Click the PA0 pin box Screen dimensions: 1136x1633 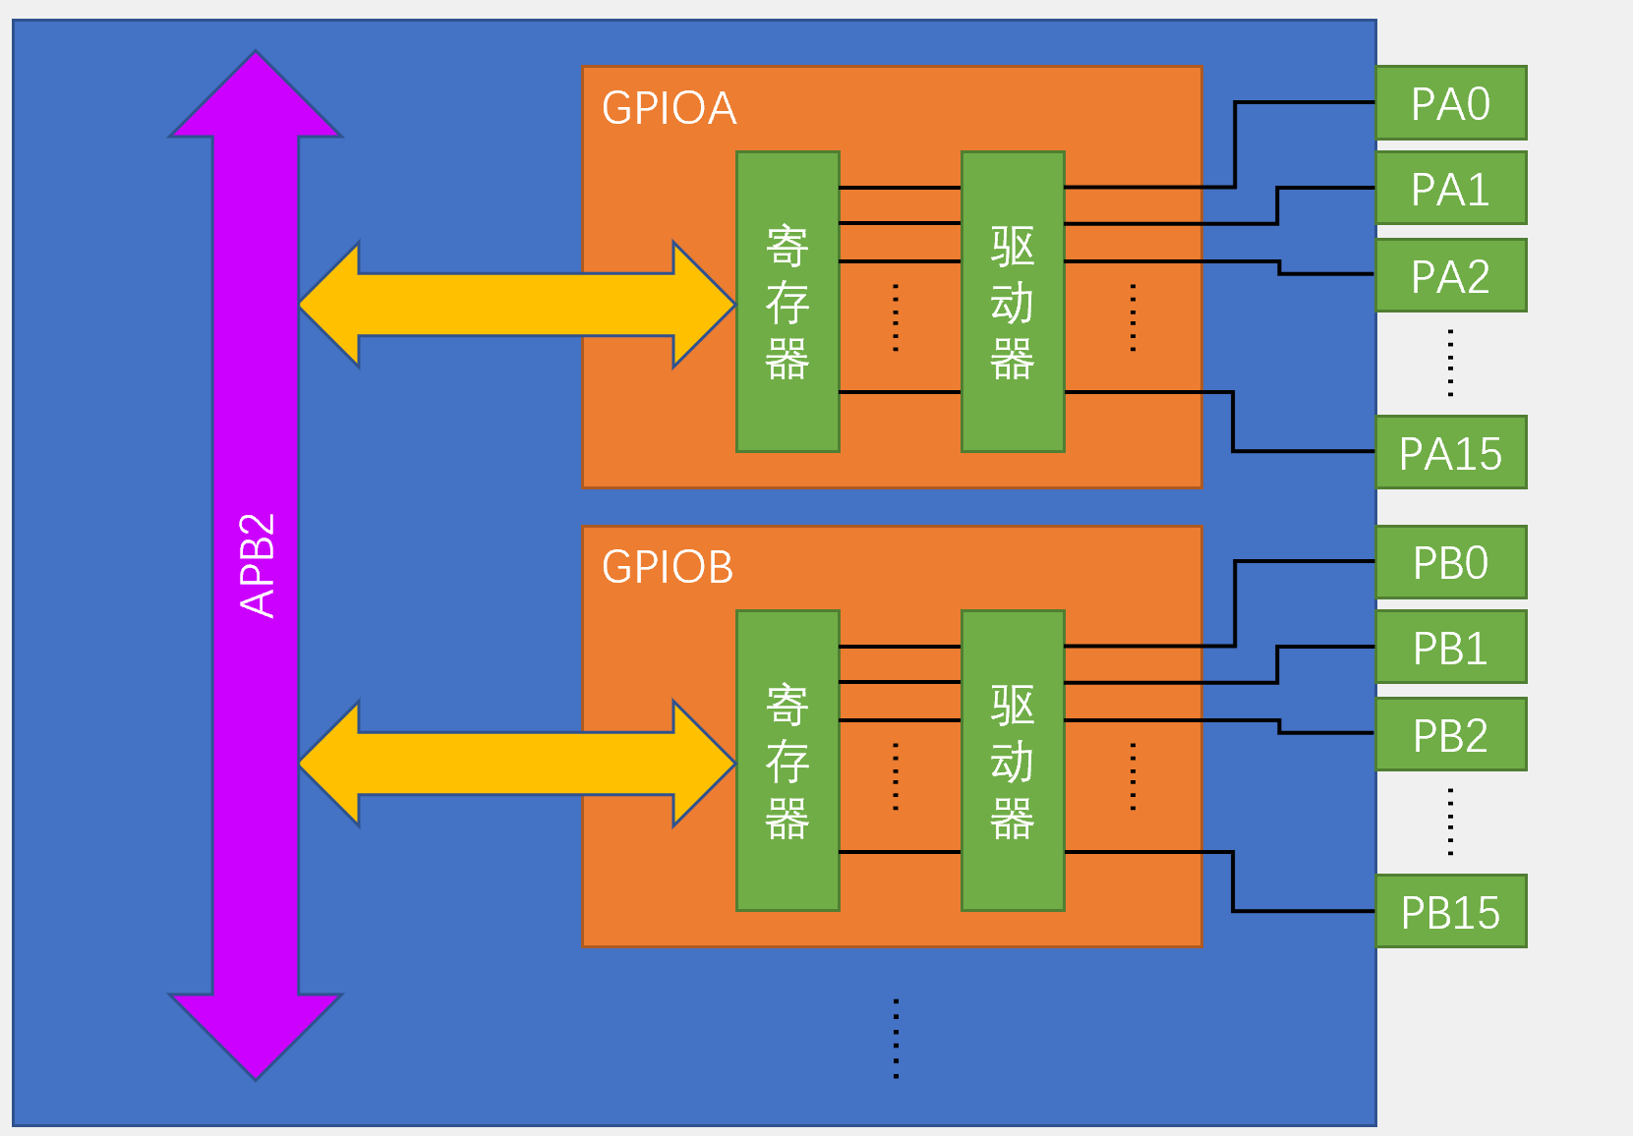1450,103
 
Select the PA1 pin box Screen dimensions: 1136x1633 1450,189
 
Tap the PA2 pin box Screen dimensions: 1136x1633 1450,276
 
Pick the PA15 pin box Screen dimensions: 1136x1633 1450,453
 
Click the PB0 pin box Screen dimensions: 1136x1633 1450,562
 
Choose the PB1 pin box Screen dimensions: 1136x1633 1450,648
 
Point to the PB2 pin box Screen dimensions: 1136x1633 1450,735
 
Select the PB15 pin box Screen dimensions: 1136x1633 1450,912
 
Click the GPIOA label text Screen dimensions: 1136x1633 669,108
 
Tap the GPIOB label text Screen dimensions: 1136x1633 668,567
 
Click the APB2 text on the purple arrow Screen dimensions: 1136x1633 257,565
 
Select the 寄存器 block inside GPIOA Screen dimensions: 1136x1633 787,302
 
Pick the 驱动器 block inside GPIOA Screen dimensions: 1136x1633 1013,302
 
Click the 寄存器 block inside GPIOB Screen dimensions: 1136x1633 787,761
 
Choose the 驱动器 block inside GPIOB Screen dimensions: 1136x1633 1013,761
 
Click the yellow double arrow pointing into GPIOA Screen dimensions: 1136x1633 516,305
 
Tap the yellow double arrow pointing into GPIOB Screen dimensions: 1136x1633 516,764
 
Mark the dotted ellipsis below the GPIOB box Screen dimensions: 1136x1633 896,1039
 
